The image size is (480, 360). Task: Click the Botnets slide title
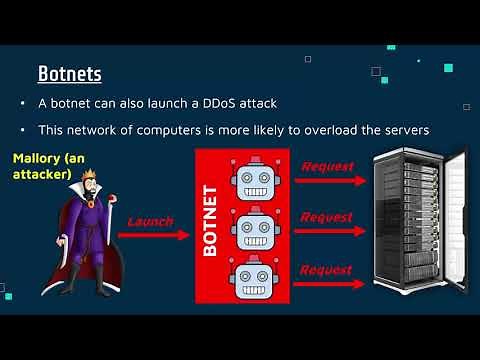click(70, 74)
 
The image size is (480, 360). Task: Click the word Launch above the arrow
click(150, 221)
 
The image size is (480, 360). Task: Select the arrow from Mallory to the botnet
click(154, 237)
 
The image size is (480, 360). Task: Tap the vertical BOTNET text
click(211, 220)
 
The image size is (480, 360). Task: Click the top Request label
click(328, 166)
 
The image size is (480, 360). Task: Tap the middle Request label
click(328, 216)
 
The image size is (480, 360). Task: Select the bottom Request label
click(328, 269)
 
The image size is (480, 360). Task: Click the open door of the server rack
click(455, 225)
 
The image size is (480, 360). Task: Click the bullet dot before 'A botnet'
click(23, 104)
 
